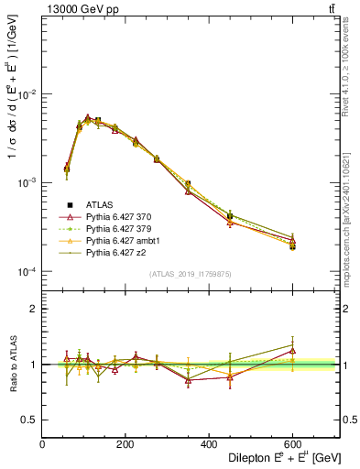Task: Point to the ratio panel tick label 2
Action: pyautogui.click(x=34, y=310)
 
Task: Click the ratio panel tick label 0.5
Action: pyautogui.click(x=29, y=420)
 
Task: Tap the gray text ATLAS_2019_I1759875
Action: pyautogui.click(x=190, y=275)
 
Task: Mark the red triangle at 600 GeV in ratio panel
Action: pyautogui.click(x=292, y=350)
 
